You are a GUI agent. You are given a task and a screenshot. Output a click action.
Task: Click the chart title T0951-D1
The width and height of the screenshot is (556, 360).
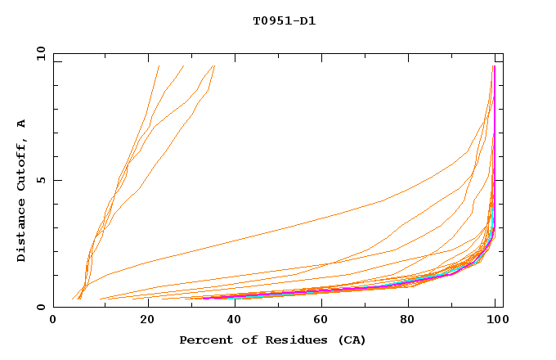coord(284,21)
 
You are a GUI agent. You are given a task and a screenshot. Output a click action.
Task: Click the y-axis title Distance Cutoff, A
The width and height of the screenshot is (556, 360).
coord(21,190)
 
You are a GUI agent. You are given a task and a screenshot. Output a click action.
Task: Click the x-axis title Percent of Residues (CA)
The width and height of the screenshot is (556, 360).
coord(272,340)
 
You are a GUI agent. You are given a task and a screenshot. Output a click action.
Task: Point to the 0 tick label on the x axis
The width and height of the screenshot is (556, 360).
coord(53,321)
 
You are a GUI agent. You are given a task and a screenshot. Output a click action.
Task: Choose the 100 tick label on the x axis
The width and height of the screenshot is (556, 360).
coord(495,321)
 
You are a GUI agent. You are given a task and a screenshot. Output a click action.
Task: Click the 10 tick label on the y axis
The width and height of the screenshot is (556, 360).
coord(40,53)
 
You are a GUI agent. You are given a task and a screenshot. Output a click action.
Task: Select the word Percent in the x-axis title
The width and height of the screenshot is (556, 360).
coord(204,340)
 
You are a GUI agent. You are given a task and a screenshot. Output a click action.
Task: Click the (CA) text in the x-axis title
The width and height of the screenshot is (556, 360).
coord(350,340)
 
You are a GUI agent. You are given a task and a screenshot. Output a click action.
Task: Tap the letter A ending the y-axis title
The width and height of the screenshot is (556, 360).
coord(21,124)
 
